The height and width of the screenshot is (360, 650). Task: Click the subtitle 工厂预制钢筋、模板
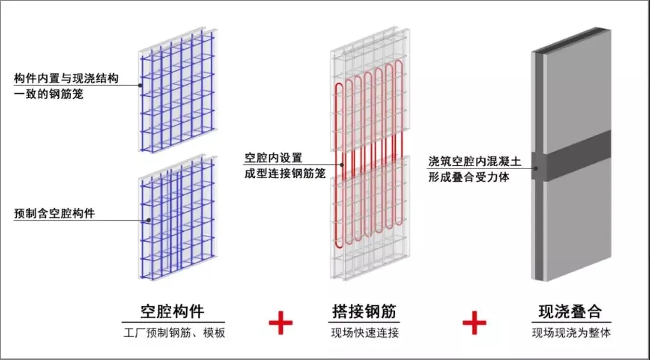coord(173,332)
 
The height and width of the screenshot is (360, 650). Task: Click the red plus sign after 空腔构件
coord(280,323)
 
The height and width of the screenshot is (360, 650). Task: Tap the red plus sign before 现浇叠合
coord(474,323)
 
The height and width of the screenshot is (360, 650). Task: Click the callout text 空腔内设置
coord(273,158)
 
